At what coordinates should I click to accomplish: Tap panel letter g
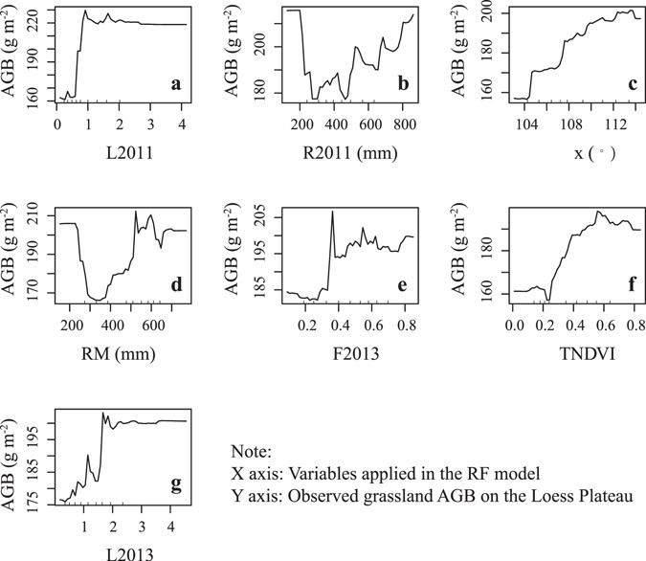pos(176,484)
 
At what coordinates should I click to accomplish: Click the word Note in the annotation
pos(251,450)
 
